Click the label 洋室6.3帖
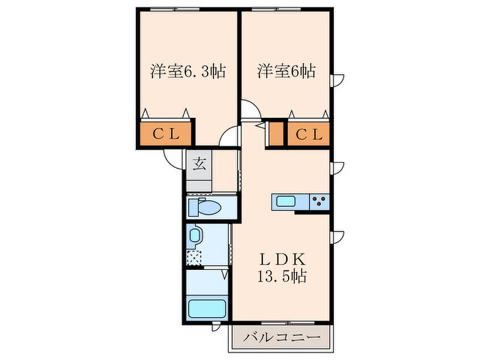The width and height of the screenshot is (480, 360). pos(188,72)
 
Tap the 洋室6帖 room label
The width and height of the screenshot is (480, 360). pos(286,72)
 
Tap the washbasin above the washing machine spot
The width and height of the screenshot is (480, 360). pos(195,236)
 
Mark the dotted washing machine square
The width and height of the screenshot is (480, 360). pos(195,257)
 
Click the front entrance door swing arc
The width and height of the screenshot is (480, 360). pos(172,158)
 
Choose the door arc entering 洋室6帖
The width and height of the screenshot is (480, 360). pos(250,109)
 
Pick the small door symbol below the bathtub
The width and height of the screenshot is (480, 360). pos(216,327)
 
